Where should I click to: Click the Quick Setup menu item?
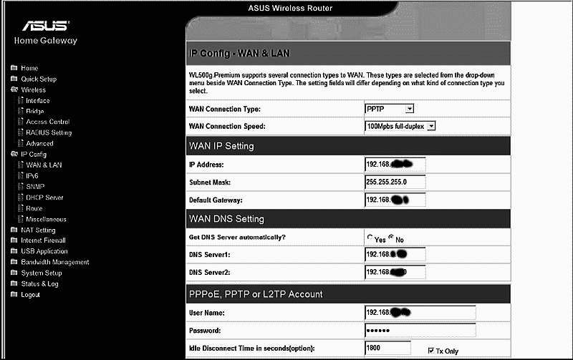click(38, 79)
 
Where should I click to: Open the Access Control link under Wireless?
click(47, 122)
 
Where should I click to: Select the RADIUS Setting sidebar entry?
click(49, 132)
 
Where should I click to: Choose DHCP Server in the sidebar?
click(44, 198)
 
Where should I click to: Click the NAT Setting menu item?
click(38, 230)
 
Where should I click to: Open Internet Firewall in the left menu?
click(44, 240)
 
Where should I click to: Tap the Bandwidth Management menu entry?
click(54, 262)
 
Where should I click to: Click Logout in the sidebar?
click(30, 294)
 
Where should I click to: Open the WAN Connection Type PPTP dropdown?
click(390, 109)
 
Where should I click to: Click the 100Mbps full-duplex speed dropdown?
click(400, 126)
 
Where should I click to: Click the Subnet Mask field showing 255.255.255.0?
click(395, 182)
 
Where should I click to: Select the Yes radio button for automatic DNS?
click(370, 238)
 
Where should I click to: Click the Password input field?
click(420, 331)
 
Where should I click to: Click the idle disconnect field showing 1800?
click(387, 349)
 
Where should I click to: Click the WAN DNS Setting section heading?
click(226, 219)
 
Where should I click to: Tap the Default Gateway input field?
click(395, 199)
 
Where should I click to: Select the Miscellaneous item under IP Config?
click(46, 219)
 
